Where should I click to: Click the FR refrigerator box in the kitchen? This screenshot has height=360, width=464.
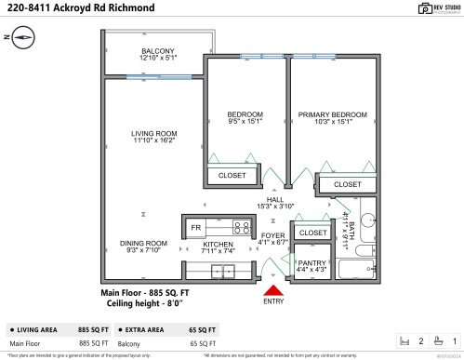pyautogui.click(x=196, y=227)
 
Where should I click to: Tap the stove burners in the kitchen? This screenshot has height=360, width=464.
pyautogui.click(x=242, y=226)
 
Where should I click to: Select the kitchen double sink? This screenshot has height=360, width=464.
pyautogui.click(x=223, y=272)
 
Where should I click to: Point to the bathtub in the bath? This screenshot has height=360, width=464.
pyautogui.click(x=356, y=270)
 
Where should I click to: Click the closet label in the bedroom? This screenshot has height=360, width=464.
pyautogui.click(x=232, y=175)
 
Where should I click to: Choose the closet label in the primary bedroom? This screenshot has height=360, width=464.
pyautogui.click(x=347, y=184)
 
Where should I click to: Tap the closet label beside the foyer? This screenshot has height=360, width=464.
pyautogui.click(x=314, y=233)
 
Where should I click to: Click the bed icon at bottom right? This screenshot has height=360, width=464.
pyautogui.click(x=404, y=340)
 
